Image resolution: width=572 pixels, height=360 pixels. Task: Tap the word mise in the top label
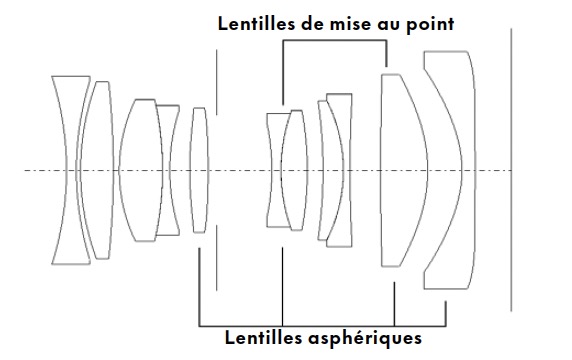pyautogui.click(x=347, y=24)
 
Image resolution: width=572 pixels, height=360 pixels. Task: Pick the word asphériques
pyautogui.click(x=365, y=338)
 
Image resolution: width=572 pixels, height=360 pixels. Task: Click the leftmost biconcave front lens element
pyautogui.click(x=61, y=170)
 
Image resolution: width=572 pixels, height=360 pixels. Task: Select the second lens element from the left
pyautogui.click(x=97, y=170)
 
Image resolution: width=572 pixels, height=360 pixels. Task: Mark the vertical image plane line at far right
pyautogui.click(x=511, y=170)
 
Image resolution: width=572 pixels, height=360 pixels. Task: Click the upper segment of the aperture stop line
pyautogui.click(x=216, y=82)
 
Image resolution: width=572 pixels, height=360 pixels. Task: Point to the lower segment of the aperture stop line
pyautogui.click(x=216, y=258)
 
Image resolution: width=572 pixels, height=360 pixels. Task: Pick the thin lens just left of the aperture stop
pyautogui.click(x=199, y=170)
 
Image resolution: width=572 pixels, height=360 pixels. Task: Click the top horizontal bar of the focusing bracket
pyautogui.click(x=335, y=40)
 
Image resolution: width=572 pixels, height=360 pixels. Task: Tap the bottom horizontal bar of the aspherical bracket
pyautogui.click(x=322, y=326)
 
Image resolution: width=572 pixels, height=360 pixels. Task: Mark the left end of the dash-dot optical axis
pyautogui.click(x=25, y=170)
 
